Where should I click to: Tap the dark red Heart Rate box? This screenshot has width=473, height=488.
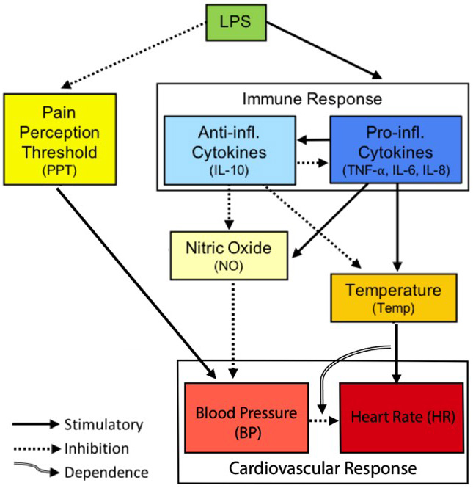(401, 417)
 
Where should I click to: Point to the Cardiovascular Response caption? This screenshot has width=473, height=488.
(323, 467)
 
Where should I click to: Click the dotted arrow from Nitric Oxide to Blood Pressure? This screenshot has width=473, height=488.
(233, 323)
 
